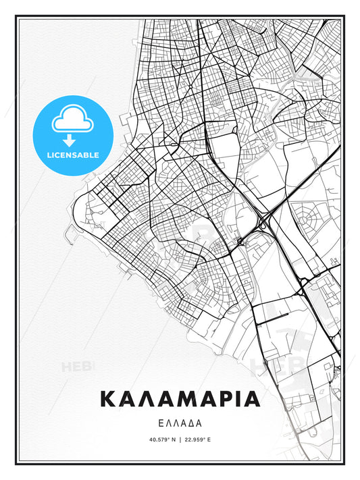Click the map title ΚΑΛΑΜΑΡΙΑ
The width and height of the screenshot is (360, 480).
(x=180, y=399)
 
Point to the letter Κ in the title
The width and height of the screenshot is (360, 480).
(x=110, y=399)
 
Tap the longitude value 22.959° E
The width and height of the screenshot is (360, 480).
(x=197, y=440)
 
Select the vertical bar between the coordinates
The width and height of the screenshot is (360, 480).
(x=180, y=440)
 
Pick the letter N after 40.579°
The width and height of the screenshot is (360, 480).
(x=174, y=440)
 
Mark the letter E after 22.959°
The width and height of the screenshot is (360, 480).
(x=209, y=440)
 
